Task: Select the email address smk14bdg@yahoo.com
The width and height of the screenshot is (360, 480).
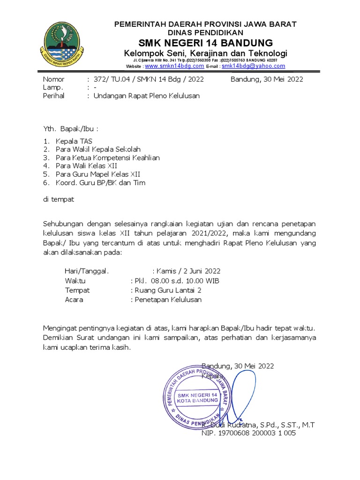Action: click(253, 67)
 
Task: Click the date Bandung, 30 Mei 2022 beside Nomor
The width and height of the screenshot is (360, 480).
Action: click(267, 79)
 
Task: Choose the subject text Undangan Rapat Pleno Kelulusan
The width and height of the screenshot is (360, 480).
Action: click(146, 96)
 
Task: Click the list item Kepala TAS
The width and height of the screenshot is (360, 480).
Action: click(74, 141)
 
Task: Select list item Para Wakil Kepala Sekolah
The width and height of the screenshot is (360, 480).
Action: click(98, 149)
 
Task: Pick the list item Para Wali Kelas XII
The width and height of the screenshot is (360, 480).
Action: click(86, 166)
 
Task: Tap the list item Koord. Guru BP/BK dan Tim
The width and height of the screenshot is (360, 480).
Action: click(100, 183)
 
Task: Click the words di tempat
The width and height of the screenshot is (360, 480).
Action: click(59, 199)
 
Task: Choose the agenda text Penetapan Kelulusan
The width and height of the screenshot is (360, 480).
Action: click(168, 300)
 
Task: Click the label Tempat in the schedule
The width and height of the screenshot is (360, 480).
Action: click(77, 290)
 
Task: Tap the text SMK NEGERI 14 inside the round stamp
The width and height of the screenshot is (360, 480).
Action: click(197, 396)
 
